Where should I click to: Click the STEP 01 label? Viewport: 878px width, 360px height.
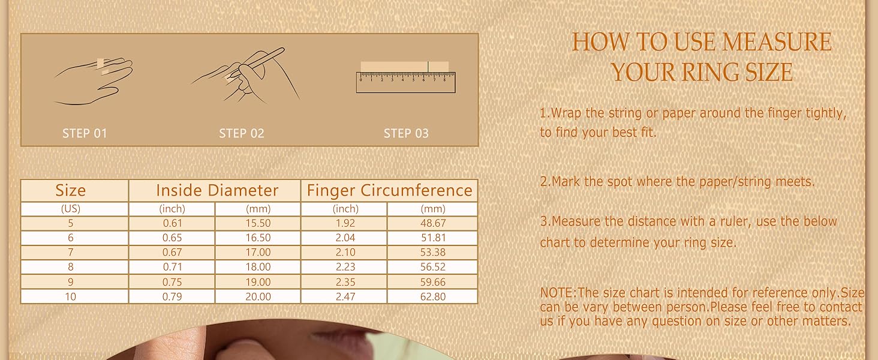85,133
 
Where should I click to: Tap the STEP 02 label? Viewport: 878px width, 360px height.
242,133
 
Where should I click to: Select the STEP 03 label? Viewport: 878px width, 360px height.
406,133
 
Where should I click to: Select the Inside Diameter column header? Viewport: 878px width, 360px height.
217,191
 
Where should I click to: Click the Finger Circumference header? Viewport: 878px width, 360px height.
389,191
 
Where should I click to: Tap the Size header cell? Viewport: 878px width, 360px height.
71,191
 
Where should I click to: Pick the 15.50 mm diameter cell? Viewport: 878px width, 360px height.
258,223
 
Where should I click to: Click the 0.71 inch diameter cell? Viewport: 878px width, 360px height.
172,267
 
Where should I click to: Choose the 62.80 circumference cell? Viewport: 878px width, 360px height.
433,296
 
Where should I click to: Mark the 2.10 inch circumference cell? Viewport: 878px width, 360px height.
345,253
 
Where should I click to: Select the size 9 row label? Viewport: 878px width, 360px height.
71,282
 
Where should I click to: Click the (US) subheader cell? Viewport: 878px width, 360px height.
71,209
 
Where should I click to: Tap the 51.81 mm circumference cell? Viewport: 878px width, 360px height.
433,238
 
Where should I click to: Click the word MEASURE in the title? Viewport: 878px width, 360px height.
777,43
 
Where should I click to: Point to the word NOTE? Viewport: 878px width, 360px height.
557,293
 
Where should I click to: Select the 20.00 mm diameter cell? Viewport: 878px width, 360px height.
258,296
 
